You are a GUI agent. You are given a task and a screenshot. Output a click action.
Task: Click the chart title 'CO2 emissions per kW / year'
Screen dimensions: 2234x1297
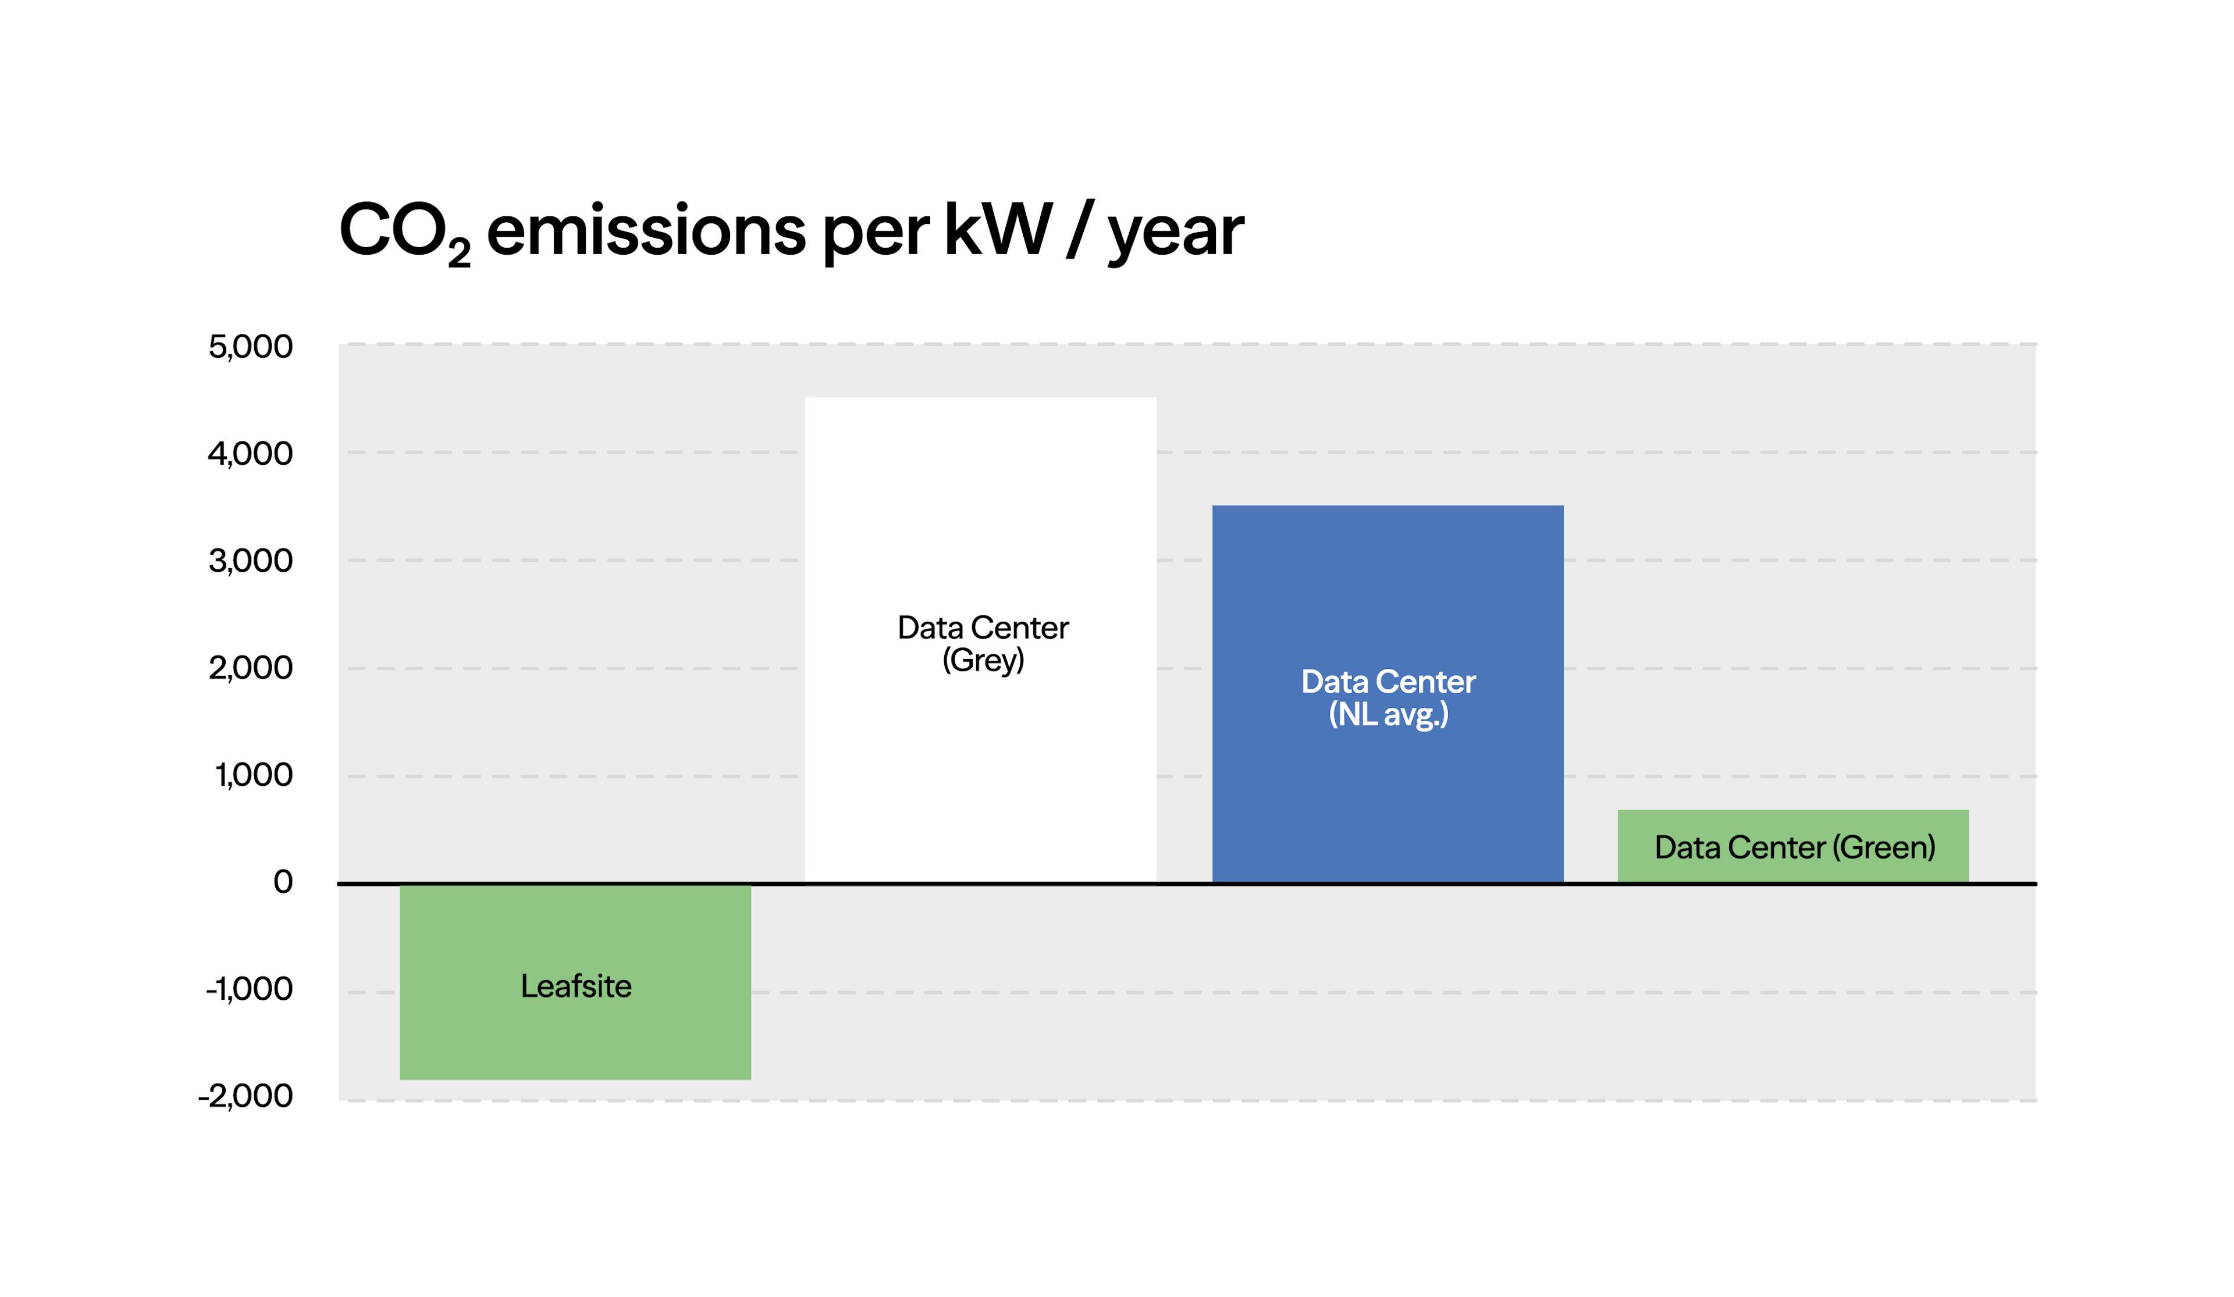[792, 232]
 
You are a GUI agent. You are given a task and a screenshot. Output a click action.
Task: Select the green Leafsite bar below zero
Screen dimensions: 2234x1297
[575, 982]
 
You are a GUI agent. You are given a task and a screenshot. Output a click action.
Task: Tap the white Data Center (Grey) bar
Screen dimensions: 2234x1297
[980, 640]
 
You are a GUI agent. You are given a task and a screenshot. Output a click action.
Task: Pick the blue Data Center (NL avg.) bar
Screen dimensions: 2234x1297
[1388, 694]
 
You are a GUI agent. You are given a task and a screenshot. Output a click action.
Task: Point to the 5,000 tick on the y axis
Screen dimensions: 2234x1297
[250, 347]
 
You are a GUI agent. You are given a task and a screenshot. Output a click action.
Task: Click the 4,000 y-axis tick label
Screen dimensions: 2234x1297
[250, 454]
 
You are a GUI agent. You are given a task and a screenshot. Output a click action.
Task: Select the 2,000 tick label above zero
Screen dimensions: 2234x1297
[250, 668]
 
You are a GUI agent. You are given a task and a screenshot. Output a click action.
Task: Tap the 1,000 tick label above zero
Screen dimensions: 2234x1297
[254, 775]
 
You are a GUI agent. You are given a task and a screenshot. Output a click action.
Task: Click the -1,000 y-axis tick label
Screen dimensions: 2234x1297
[249, 989]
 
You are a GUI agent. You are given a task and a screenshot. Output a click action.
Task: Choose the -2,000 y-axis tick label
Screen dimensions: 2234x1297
[246, 1096]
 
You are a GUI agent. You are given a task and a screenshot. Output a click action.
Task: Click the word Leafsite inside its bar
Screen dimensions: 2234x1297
[576, 986]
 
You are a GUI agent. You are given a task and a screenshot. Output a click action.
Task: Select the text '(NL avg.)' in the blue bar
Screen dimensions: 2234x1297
[1388, 715]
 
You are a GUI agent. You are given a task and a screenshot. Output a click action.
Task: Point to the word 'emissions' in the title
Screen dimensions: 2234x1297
[646, 230]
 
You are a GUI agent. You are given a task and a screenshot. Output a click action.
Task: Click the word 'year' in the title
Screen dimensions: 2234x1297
[1176, 236]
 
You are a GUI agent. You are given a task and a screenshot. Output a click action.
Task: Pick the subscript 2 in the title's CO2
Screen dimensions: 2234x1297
[459, 252]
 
